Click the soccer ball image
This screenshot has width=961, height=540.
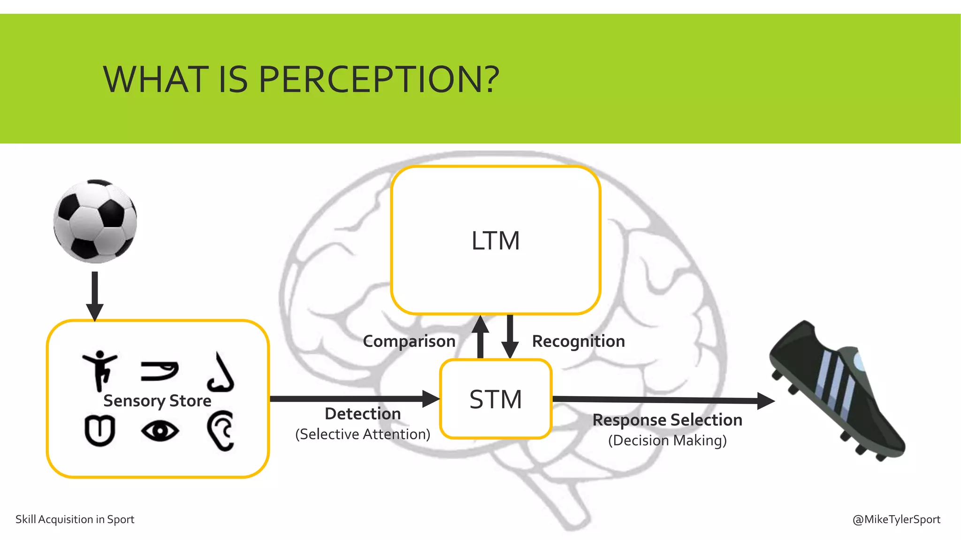click(95, 221)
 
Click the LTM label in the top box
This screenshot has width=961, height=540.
click(496, 241)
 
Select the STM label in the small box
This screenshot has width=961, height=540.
click(496, 399)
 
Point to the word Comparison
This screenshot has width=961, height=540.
click(409, 341)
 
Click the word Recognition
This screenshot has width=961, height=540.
click(578, 341)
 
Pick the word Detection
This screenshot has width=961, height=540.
click(363, 413)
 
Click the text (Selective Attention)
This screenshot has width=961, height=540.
click(363, 434)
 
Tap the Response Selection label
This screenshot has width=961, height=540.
click(667, 420)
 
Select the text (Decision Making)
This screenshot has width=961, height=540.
click(667, 441)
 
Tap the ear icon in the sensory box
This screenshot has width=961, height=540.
click(221, 430)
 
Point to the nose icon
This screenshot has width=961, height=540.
click(221, 372)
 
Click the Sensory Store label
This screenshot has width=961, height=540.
click(157, 401)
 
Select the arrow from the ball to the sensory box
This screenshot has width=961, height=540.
click(95, 295)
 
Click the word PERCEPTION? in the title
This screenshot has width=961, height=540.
click(378, 80)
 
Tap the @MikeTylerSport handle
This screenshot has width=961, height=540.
click(896, 519)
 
